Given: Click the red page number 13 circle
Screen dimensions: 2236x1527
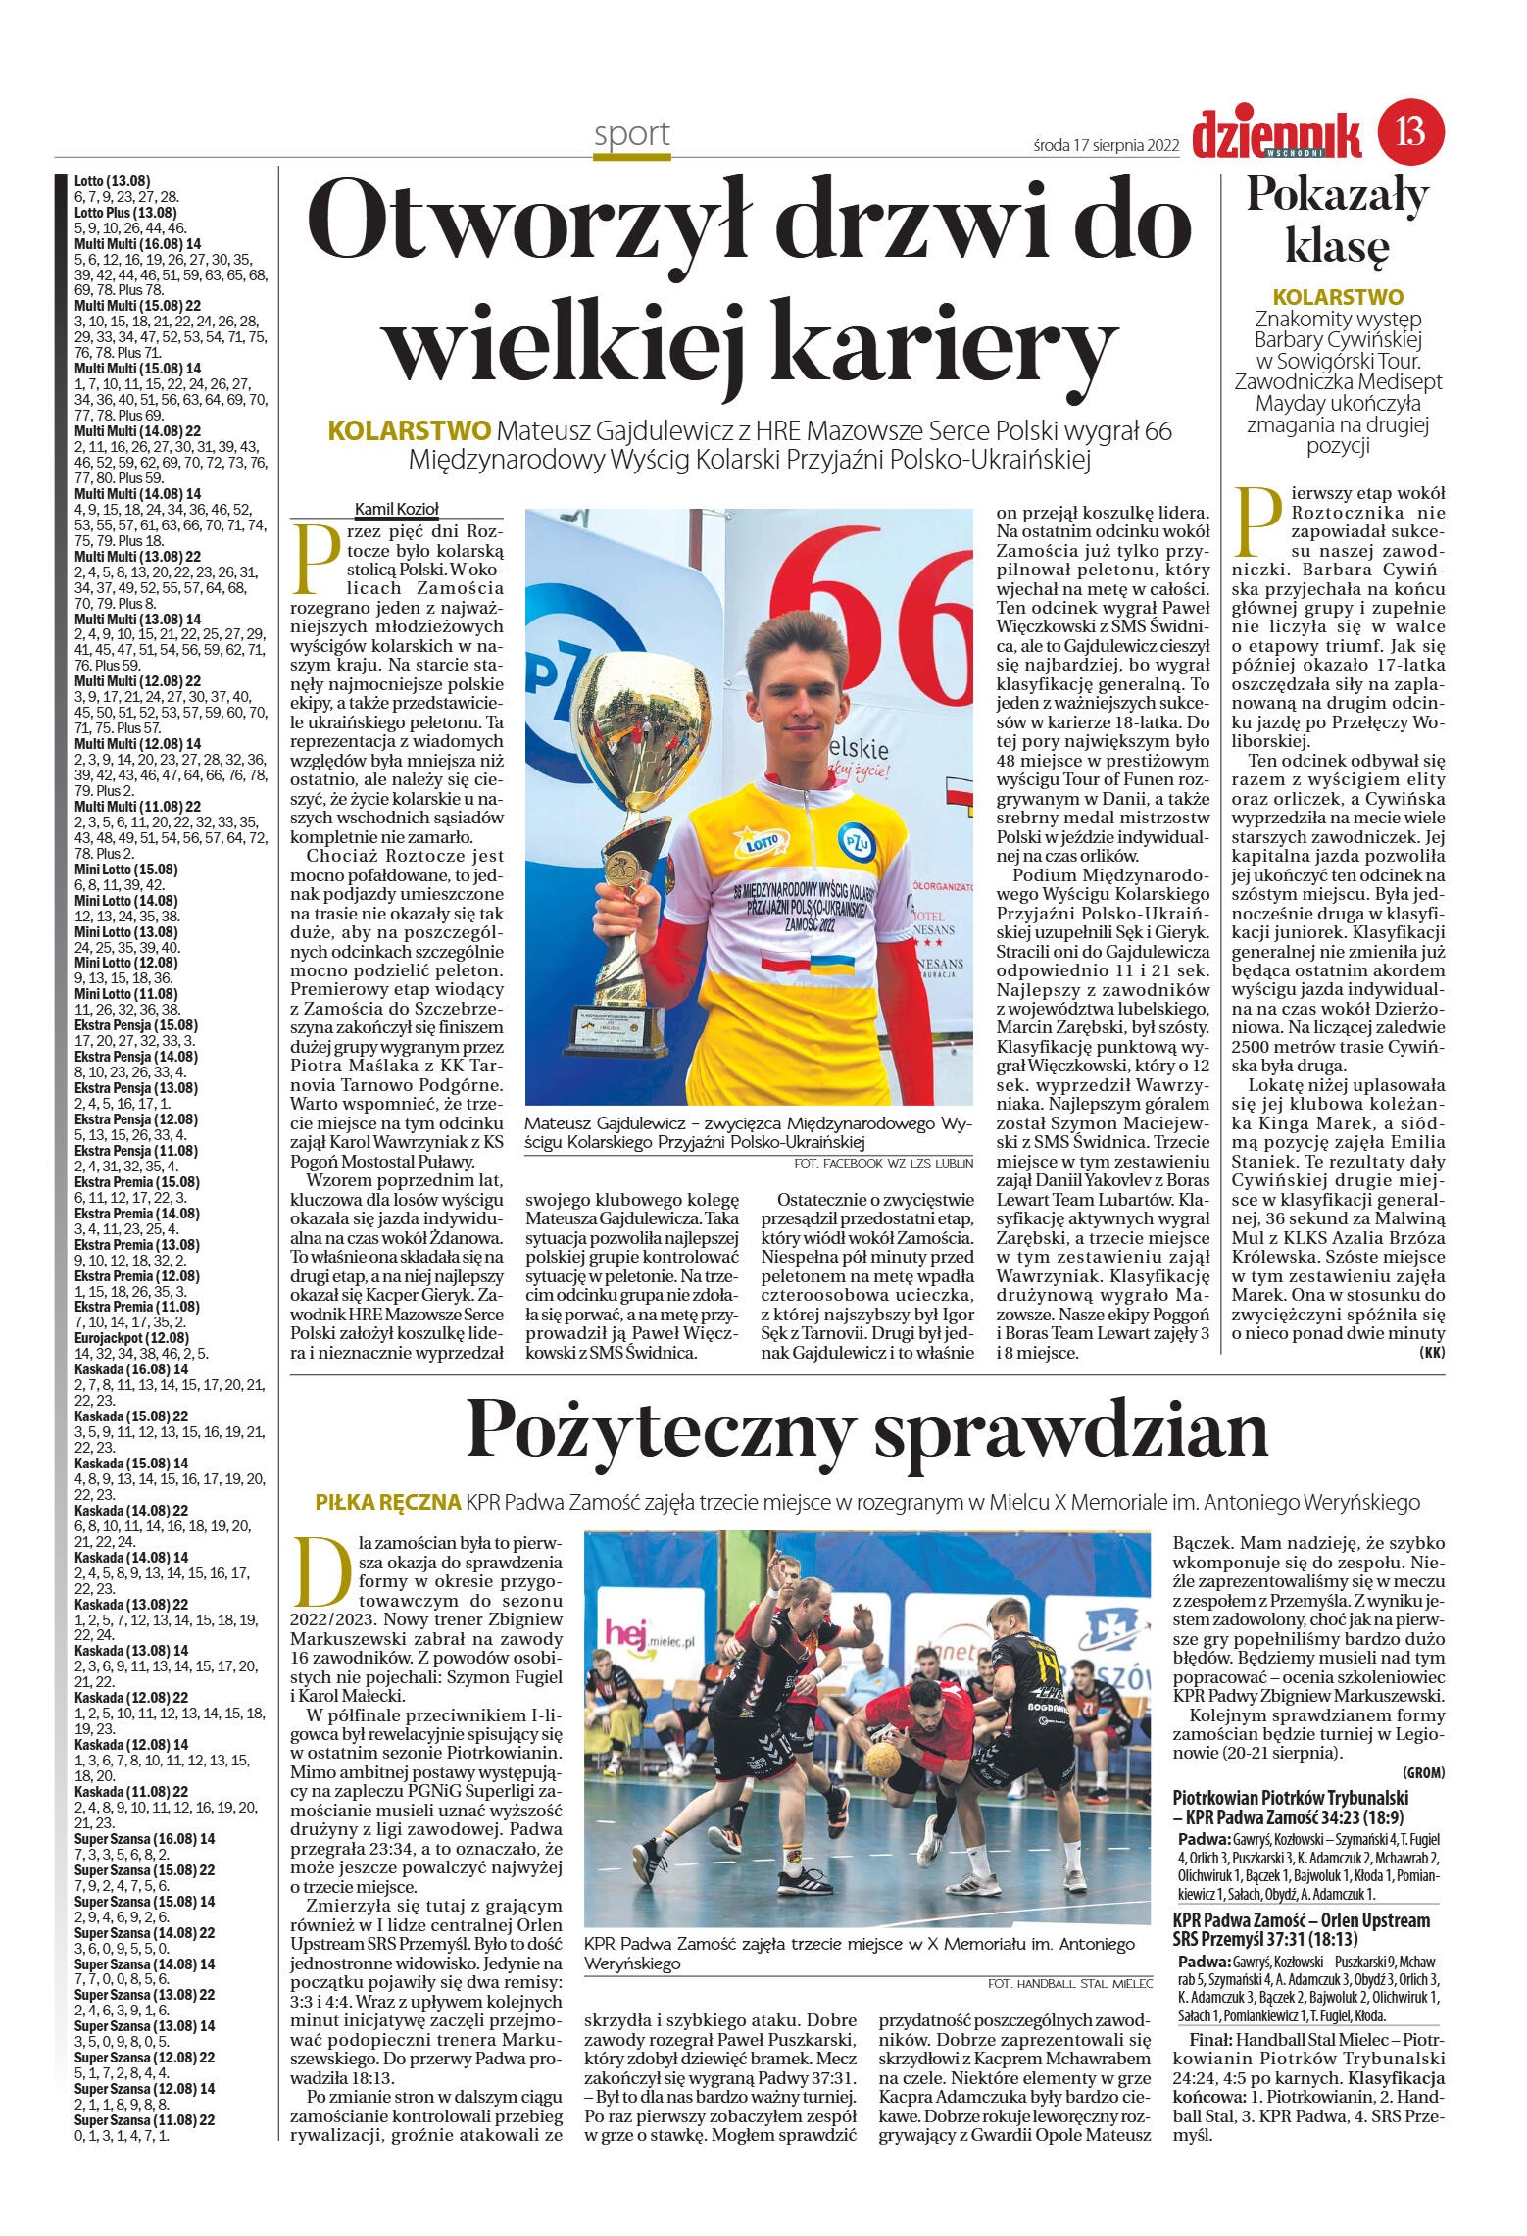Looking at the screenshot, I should coord(1410,131).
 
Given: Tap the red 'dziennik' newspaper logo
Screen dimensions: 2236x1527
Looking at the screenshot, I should coord(1276,135).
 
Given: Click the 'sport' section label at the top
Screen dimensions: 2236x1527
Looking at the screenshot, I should coord(631,133).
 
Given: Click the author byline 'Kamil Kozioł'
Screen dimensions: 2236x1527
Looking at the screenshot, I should coord(396,509).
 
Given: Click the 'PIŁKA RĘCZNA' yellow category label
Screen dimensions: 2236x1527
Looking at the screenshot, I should coord(387,1503).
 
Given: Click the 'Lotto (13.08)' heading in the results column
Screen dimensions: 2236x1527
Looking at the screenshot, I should coord(112,181).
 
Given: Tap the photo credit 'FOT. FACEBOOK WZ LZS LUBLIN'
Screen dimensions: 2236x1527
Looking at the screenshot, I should coord(883,1164).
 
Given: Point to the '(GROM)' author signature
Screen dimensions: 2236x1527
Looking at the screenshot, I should coord(1423,1773).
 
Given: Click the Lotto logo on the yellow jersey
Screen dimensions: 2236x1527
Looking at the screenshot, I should coord(761,841).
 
